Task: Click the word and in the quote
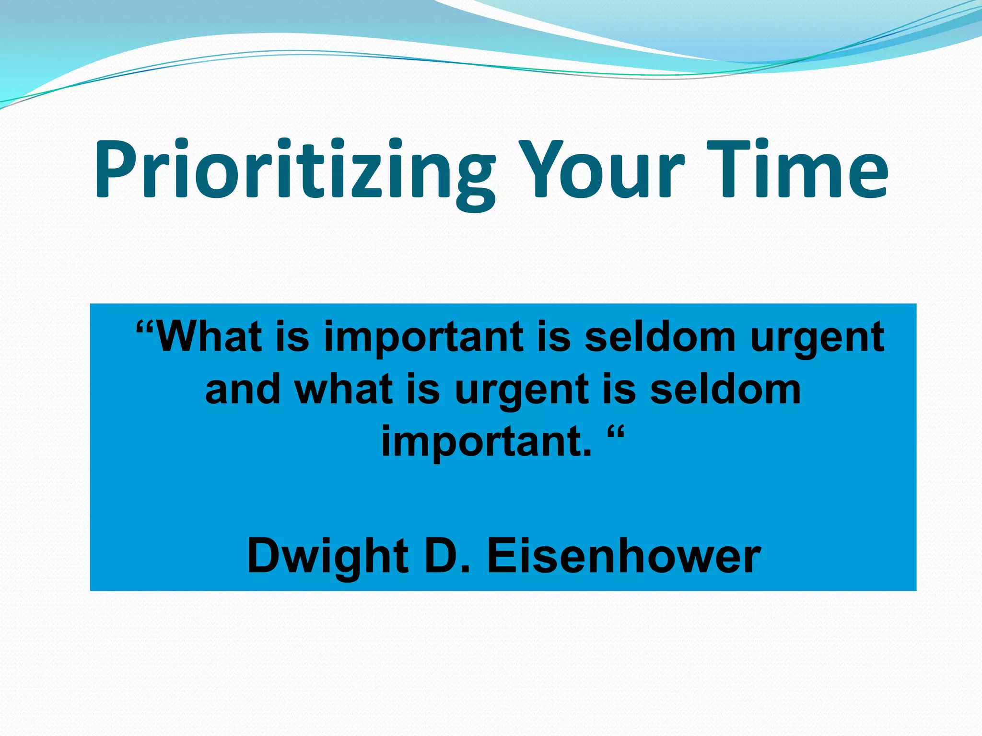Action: [243, 389]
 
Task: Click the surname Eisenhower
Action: [623, 556]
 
